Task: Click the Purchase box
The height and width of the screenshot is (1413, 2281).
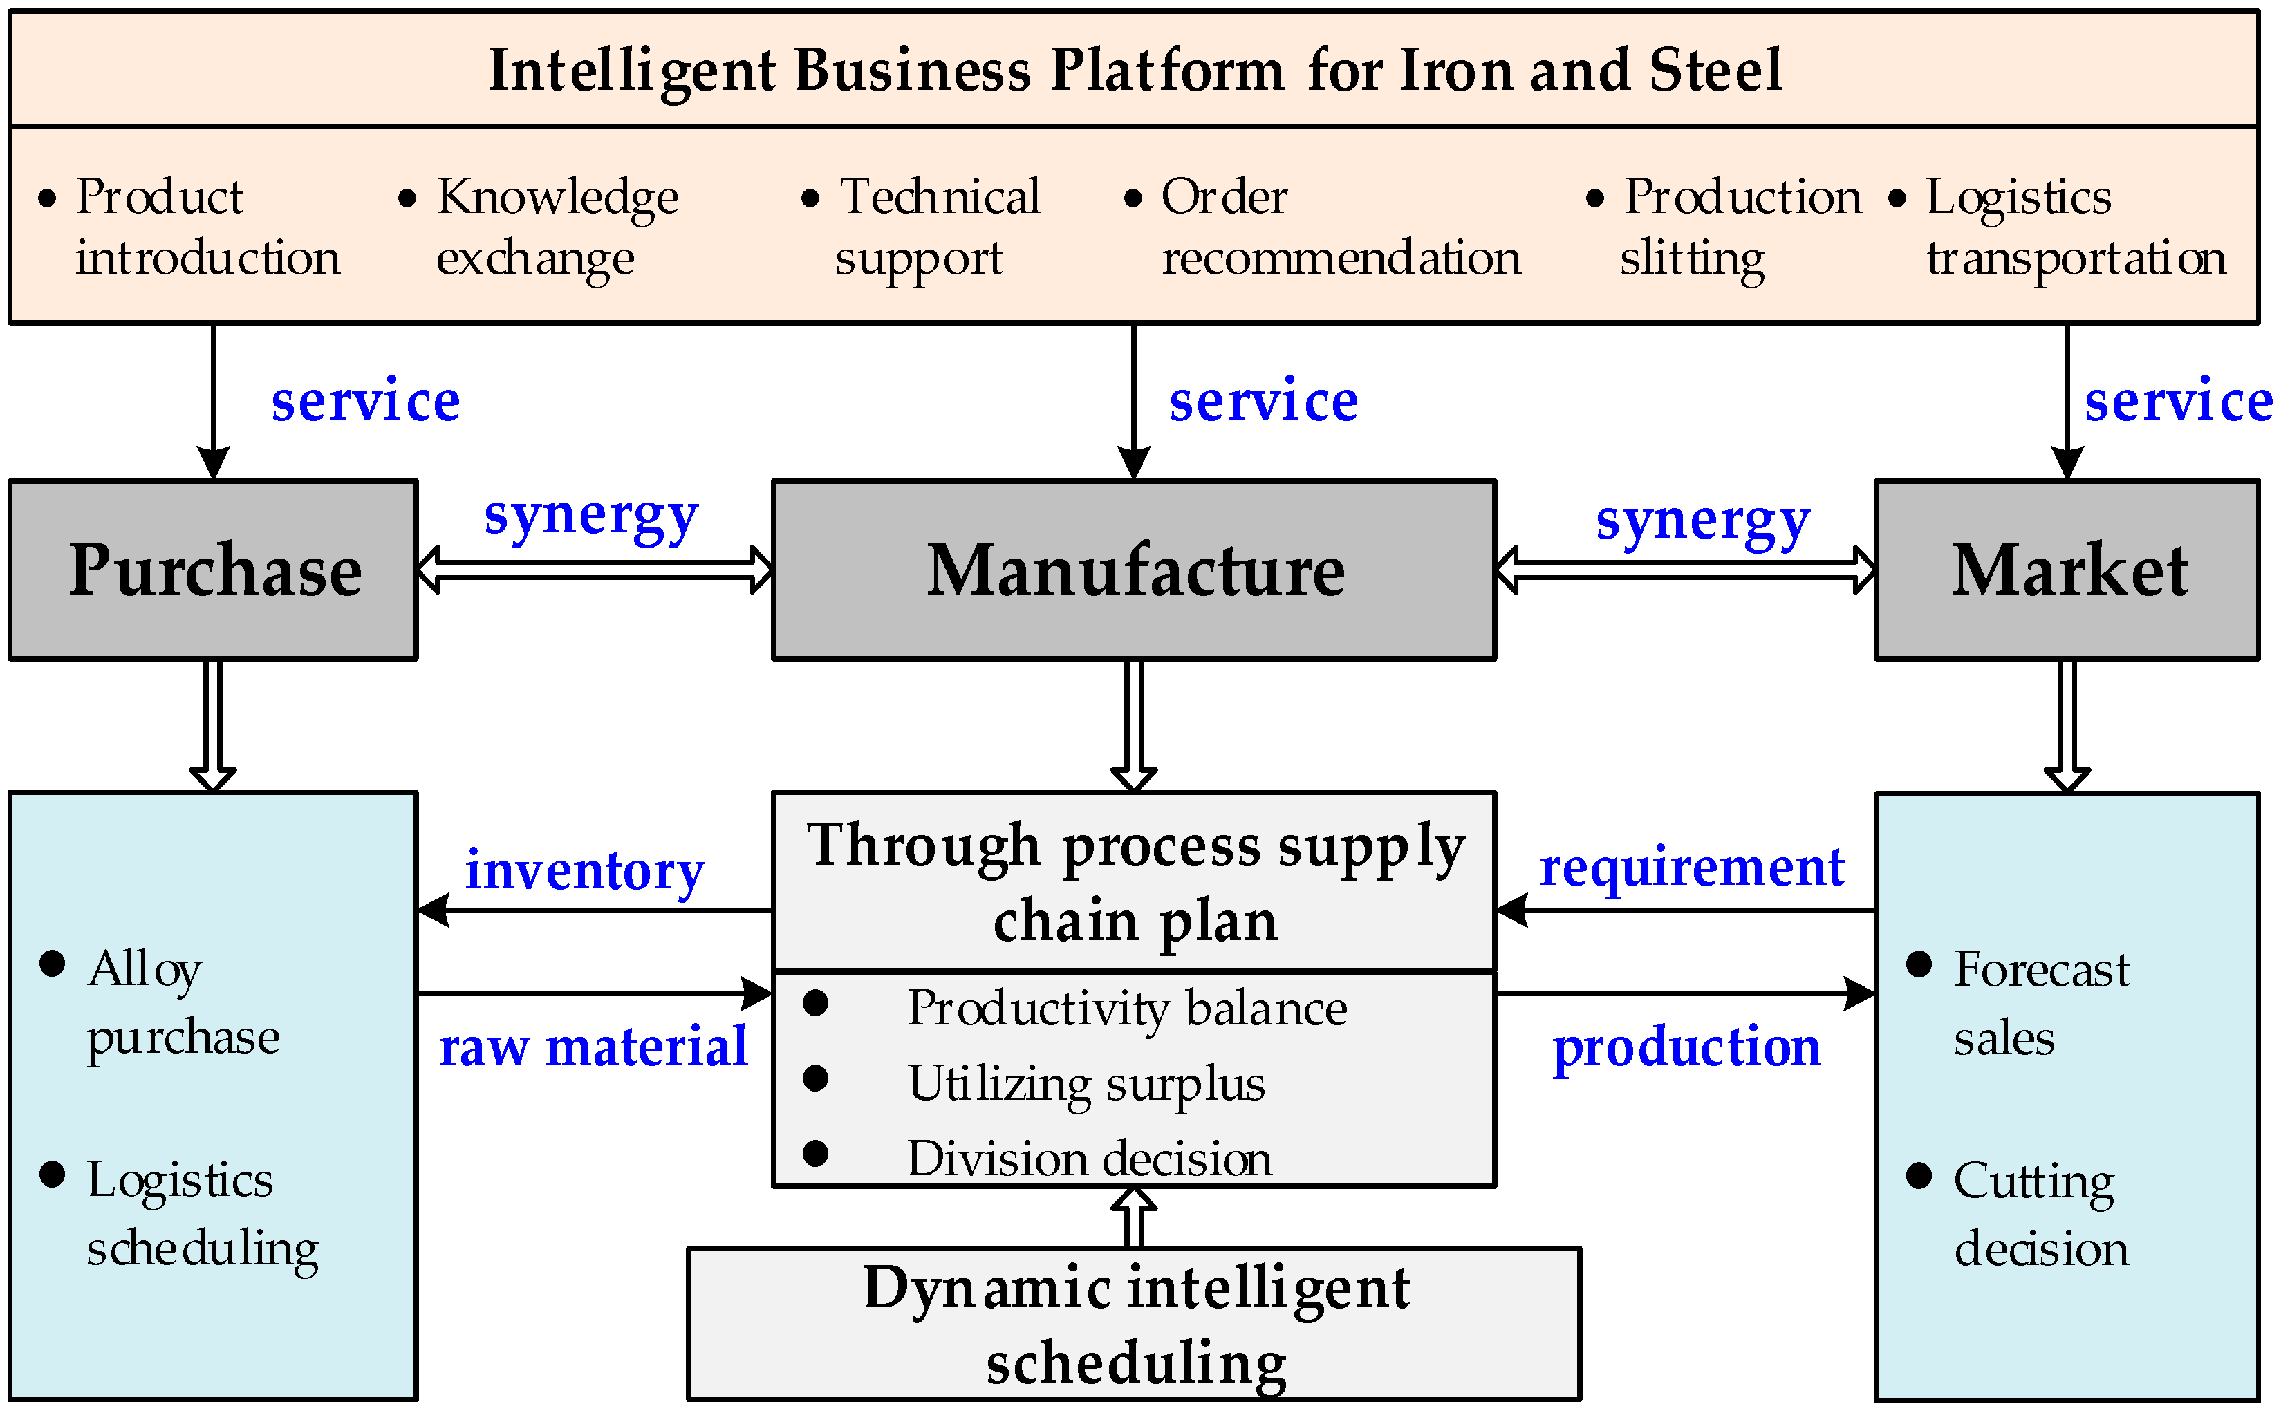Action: click(213, 570)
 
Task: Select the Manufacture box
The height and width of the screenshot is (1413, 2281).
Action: click(1133, 570)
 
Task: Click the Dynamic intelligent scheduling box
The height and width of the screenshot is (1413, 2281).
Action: click(1133, 1323)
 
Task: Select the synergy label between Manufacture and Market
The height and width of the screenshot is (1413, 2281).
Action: click(1702, 521)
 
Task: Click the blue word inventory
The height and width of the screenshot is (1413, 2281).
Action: click(585, 871)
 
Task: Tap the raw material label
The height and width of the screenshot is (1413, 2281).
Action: click(593, 1046)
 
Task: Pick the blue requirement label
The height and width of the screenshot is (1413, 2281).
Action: click(1691, 868)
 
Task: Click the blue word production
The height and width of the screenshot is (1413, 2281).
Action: click(1686, 1047)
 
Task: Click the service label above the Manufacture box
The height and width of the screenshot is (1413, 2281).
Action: click(1263, 402)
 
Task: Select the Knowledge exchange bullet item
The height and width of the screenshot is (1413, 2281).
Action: click(556, 226)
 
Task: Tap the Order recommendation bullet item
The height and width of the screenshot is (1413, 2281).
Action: click(1340, 226)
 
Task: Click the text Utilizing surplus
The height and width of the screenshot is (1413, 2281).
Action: click(1086, 1084)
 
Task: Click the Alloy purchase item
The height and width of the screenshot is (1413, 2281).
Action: click(183, 1002)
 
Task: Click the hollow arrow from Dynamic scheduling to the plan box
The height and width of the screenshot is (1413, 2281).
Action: click(1133, 1216)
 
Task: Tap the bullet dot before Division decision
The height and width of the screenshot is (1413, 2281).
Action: click(815, 1153)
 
